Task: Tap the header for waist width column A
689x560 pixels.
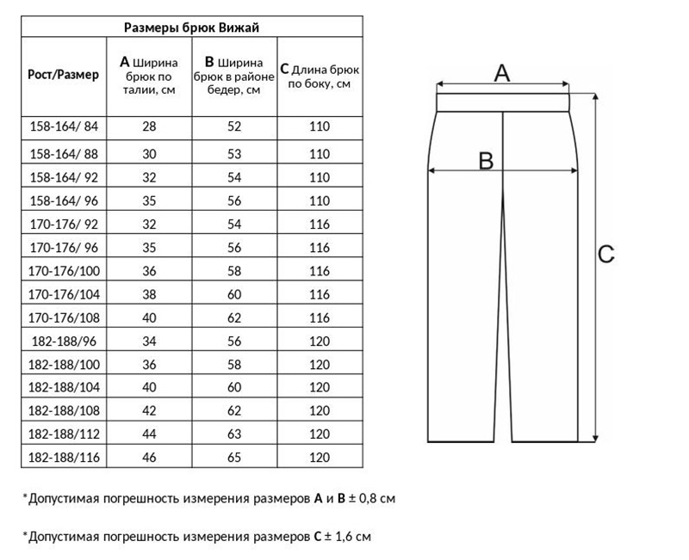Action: pyautogui.click(x=149, y=77)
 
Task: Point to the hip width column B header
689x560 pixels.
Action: pyautogui.click(x=233, y=77)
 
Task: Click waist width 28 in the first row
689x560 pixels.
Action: pyautogui.click(x=149, y=126)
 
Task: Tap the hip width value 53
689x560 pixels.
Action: pyautogui.click(x=233, y=154)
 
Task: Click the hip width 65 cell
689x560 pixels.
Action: pyautogui.click(x=233, y=456)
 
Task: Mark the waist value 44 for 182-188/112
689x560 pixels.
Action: pyautogui.click(x=149, y=433)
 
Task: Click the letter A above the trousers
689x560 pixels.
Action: pyautogui.click(x=501, y=73)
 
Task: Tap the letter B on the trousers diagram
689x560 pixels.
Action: pyautogui.click(x=485, y=160)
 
